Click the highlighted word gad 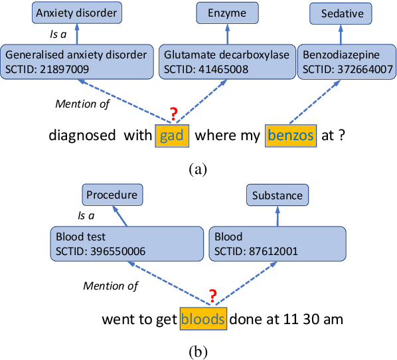[173, 135]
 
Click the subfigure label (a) [198, 169]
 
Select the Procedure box [112, 195]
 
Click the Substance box [277, 195]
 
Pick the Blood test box [126, 244]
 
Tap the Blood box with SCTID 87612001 [277, 244]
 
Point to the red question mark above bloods [213, 296]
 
